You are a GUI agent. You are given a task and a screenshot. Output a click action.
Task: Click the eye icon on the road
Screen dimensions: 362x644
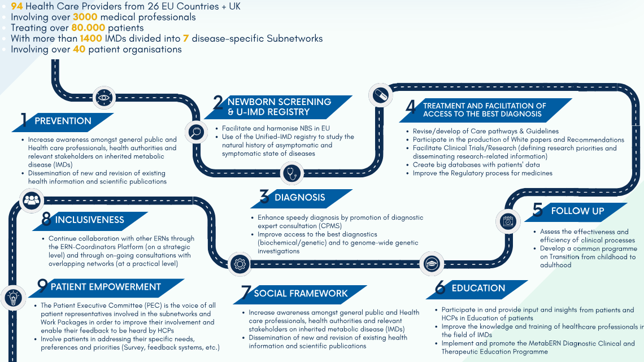(x=103, y=97)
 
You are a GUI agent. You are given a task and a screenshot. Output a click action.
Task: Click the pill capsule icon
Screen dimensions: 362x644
(x=380, y=94)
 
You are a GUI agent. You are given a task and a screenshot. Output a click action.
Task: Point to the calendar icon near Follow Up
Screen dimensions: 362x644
(x=508, y=221)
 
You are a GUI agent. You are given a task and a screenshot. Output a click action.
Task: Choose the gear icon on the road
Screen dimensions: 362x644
(x=240, y=263)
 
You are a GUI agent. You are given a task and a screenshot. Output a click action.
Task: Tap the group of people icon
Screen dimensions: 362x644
(x=31, y=199)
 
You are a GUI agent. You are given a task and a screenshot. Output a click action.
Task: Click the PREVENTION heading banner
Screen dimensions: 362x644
(x=63, y=121)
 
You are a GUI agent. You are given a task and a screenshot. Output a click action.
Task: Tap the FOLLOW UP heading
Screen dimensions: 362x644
(x=577, y=211)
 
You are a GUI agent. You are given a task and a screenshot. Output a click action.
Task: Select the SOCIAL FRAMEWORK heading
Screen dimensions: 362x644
(x=301, y=293)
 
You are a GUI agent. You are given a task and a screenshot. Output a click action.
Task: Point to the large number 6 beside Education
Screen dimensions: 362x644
(x=440, y=289)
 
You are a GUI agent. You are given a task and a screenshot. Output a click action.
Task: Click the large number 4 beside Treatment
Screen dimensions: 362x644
(x=410, y=108)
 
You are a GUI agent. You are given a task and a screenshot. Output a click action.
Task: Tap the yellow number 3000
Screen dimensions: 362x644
(x=85, y=17)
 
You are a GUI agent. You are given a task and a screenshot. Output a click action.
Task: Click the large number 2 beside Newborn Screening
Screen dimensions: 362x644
(x=218, y=103)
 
